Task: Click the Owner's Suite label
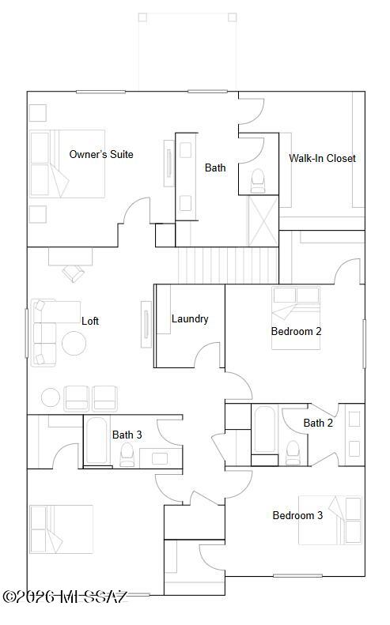101,154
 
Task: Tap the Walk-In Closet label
322,158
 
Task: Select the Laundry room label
190,318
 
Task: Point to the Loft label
90,321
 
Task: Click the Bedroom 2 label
296,331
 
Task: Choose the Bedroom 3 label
297,515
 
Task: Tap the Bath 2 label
318,423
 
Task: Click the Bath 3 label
127,435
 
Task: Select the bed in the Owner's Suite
67,164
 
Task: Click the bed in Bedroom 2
295,305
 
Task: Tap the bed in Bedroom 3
330,519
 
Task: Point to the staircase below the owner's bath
227,264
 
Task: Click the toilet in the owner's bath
258,182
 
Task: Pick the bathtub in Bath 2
264,428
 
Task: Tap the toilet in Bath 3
127,454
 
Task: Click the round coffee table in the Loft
74,343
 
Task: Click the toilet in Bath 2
293,451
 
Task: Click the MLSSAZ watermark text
65,597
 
